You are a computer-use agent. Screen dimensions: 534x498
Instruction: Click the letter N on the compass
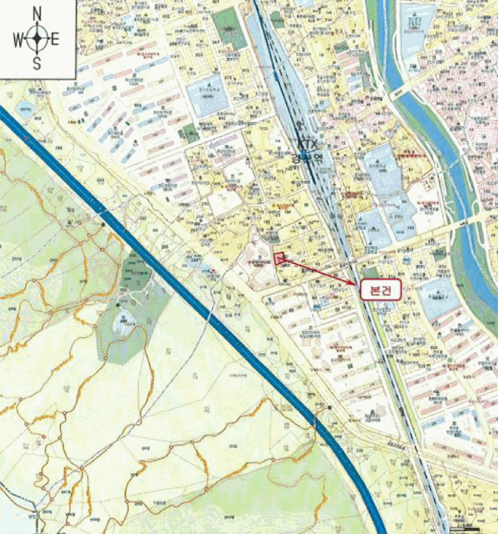[x=37, y=13]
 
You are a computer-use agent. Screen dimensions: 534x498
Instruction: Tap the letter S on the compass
[x=37, y=64]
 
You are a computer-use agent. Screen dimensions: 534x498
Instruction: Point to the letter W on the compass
[x=17, y=38]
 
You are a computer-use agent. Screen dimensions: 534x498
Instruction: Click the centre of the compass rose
[x=37, y=38]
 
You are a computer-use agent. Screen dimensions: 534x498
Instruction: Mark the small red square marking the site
[x=279, y=258]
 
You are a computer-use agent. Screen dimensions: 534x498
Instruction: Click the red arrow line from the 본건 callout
[x=320, y=272]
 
